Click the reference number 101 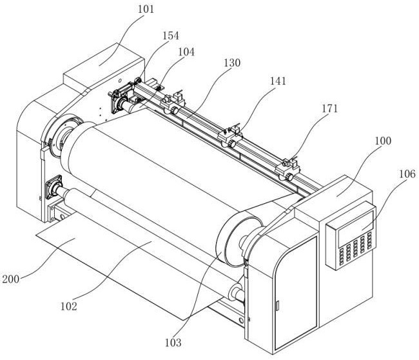(x=146, y=10)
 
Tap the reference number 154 (x=171, y=35)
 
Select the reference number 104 (x=186, y=52)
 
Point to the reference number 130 (x=232, y=63)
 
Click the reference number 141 (x=278, y=81)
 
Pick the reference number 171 (x=330, y=108)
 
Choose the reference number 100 (x=383, y=141)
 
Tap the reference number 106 (x=407, y=174)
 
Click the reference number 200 (x=11, y=279)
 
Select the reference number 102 (x=69, y=306)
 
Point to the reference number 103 (x=173, y=343)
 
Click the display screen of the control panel (x=356, y=229)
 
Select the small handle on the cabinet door (x=277, y=306)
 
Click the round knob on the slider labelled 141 (x=232, y=145)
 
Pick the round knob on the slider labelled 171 (x=289, y=177)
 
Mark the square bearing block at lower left (x=54, y=186)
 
